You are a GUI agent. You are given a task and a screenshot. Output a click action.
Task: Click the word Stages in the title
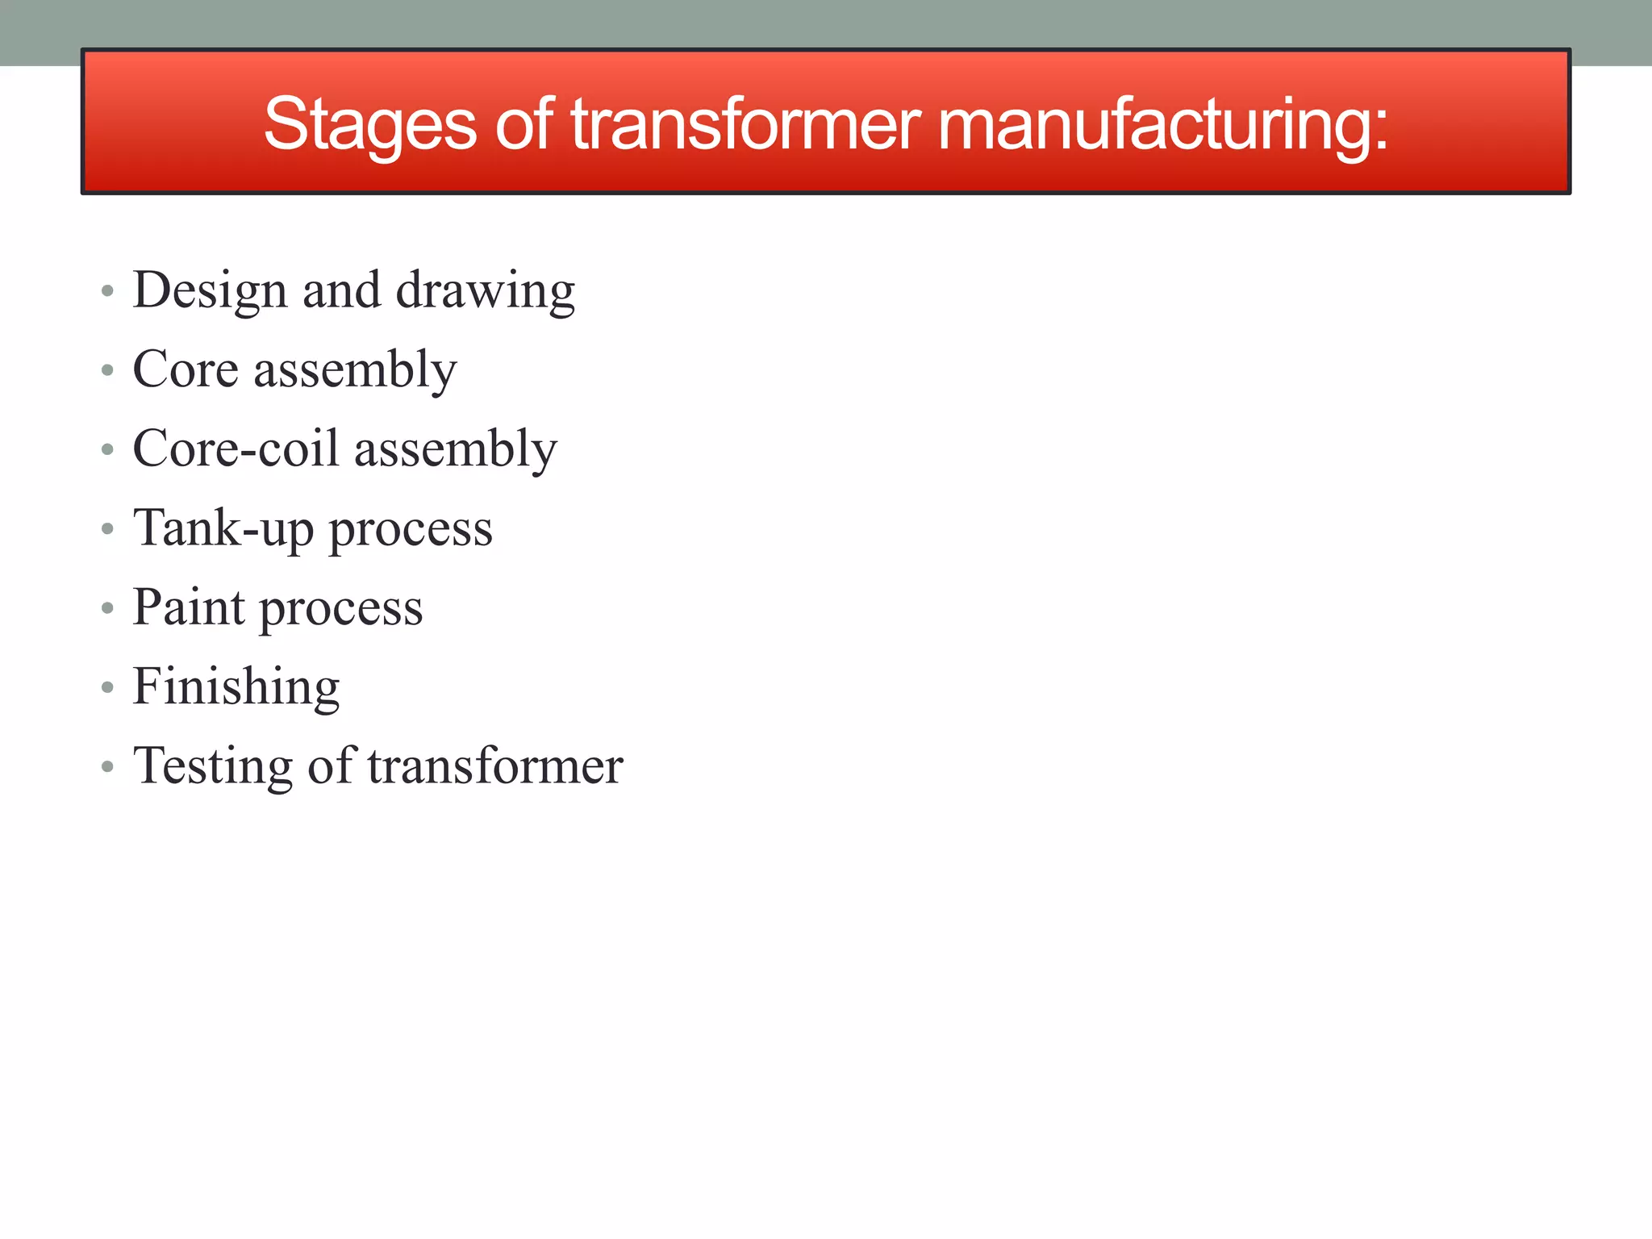click(370, 125)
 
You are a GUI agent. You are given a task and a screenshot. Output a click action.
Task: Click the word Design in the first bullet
click(210, 290)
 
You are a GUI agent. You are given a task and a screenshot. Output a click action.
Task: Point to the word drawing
click(486, 290)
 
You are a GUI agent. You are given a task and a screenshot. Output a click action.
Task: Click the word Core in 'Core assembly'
click(186, 369)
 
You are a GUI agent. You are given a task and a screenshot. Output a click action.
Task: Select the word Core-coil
click(236, 448)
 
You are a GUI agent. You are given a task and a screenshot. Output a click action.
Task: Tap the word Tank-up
click(223, 529)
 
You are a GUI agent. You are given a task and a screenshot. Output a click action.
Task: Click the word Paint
click(188, 607)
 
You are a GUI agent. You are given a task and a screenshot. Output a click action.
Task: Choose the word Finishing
click(236, 687)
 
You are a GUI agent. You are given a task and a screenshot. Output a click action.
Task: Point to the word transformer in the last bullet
click(495, 766)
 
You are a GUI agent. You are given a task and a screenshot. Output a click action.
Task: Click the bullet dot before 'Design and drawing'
click(107, 291)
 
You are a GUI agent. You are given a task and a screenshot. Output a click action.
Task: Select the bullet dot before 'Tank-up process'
click(107, 529)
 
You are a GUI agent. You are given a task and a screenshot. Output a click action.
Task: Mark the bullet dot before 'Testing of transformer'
click(107, 767)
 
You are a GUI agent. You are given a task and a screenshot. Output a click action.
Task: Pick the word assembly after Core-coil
click(456, 450)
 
